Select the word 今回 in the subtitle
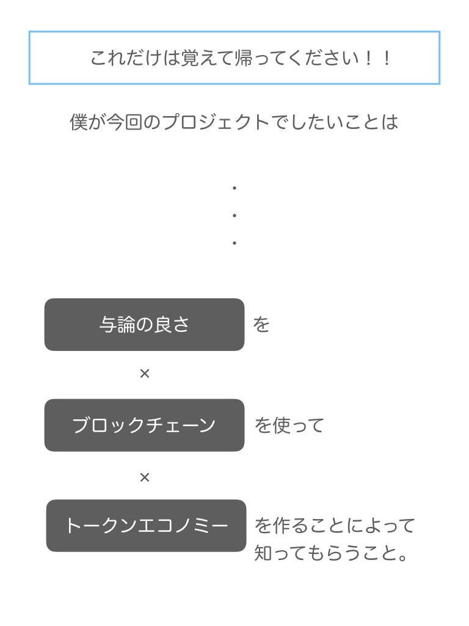pyautogui.click(x=124, y=122)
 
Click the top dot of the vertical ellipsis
pyautogui.click(x=234, y=188)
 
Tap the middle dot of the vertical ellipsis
pyautogui.click(x=234, y=216)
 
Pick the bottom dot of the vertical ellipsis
pyautogui.click(x=234, y=243)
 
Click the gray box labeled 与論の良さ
pyautogui.click(x=144, y=325)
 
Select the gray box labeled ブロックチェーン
pyautogui.click(x=144, y=425)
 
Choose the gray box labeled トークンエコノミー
pyautogui.click(x=147, y=526)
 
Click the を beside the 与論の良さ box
pyautogui.click(x=261, y=325)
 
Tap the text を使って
pyautogui.click(x=289, y=425)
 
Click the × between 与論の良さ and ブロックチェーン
pyautogui.click(x=145, y=374)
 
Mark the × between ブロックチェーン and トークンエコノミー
pyautogui.click(x=145, y=477)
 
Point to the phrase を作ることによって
pyautogui.click(x=335, y=526)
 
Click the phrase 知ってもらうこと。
pyautogui.click(x=330, y=553)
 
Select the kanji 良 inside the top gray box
pyautogui.click(x=162, y=325)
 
